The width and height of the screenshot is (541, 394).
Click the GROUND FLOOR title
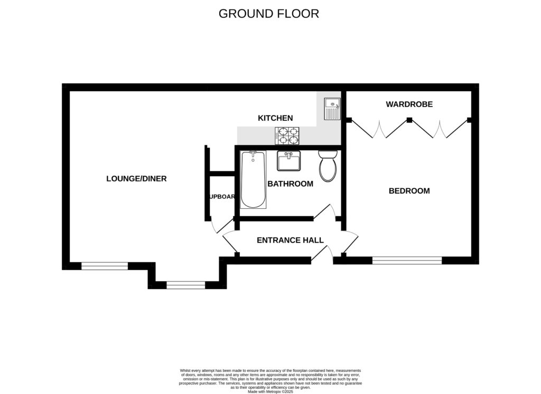coord(269,14)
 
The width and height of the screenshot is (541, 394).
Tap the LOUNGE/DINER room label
coord(136,179)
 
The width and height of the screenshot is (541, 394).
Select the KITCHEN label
coord(275,118)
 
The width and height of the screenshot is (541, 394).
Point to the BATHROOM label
coord(290,184)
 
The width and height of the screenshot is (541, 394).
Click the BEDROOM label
coord(409,191)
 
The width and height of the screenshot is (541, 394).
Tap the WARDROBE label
coord(409,104)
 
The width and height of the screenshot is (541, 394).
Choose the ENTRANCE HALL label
coord(290,240)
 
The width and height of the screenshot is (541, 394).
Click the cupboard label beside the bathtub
coord(222,197)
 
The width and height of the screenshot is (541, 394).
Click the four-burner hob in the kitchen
coord(287,136)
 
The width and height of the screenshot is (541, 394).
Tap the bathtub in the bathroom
coord(253,179)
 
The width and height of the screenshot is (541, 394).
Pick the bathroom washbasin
coord(289,160)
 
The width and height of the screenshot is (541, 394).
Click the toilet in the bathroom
coord(328,166)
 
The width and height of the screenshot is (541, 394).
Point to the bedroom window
coord(407,260)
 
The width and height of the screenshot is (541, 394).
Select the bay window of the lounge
coord(185,285)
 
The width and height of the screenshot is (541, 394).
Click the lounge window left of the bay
coord(104,266)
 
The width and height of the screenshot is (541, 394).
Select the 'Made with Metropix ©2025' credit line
coord(270,391)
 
